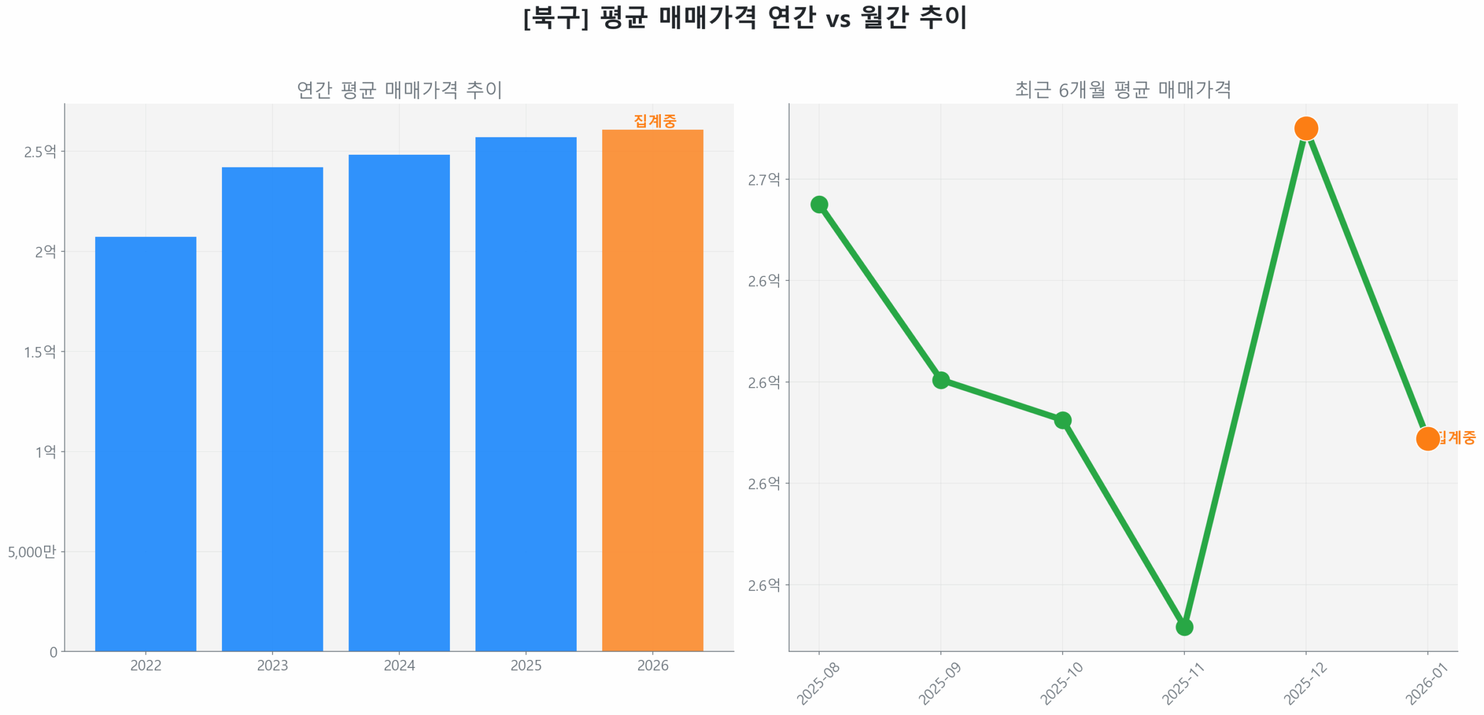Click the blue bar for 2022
pyautogui.click(x=146, y=443)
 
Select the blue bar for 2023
pyautogui.click(x=272, y=408)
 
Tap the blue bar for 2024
pyautogui.click(x=399, y=403)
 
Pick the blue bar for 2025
pyautogui.click(x=525, y=394)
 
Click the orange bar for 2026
pyautogui.click(x=652, y=390)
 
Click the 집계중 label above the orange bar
pyautogui.click(x=654, y=121)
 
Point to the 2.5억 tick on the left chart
pyautogui.click(x=40, y=151)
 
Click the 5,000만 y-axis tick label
pyautogui.click(x=32, y=551)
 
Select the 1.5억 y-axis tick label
pyautogui.click(x=40, y=352)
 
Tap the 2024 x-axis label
pyautogui.click(x=399, y=665)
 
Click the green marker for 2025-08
pyautogui.click(x=819, y=204)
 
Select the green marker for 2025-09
pyautogui.click(x=940, y=380)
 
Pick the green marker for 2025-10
pyautogui.click(x=1062, y=419)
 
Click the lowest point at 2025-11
pyautogui.click(x=1184, y=626)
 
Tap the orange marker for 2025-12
pyautogui.click(x=1305, y=128)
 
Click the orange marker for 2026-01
pyautogui.click(x=1427, y=438)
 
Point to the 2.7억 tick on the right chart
pyautogui.click(x=763, y=180)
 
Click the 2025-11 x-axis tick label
pyautogui.click(x=1183, y=684)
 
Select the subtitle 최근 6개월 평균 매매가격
pyautogui.click(x=1122, y=89)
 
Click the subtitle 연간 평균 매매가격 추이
pyautogui.click(x=399, y=89)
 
